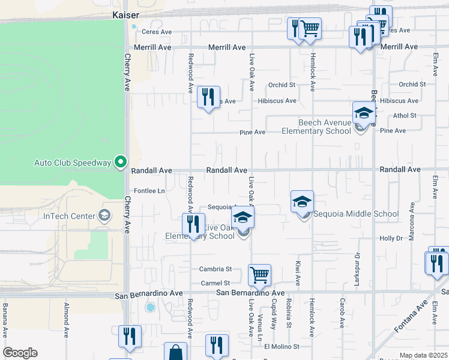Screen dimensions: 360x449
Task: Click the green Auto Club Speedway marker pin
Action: (121, 161)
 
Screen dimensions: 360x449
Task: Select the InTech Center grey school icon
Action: (104, 215)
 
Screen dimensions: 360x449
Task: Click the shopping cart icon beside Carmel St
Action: (259, 275)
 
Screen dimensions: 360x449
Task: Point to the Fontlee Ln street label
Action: (149, 191)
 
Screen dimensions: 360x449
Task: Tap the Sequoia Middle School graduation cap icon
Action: (303, 202)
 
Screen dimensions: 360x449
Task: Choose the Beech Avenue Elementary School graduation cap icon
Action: (363, 113)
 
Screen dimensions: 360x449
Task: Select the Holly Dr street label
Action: (408, 238)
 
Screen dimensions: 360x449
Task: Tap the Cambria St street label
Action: (216, 269)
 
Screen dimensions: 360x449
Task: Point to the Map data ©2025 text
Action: (423, 355)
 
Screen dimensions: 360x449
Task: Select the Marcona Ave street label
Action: (412, 221)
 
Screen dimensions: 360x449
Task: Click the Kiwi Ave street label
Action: (297, 272)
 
